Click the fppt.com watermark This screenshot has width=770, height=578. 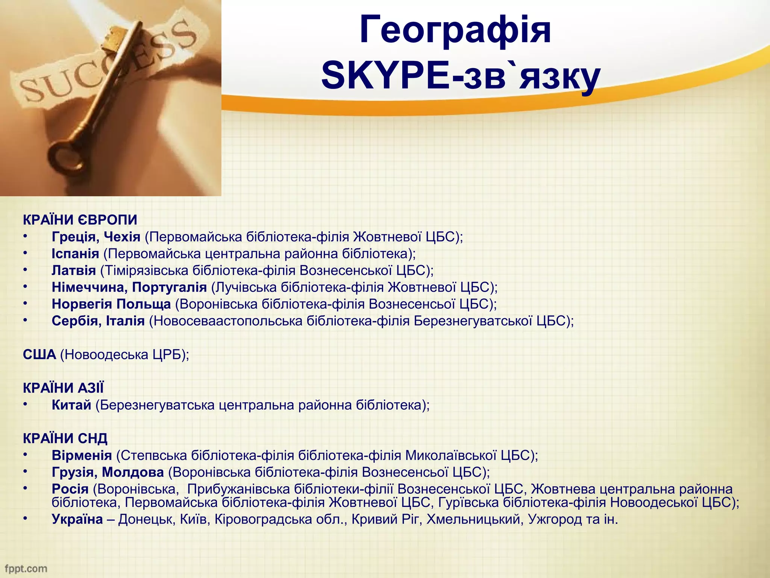(x=26, y=568)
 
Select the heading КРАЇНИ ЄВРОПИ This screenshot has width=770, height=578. (x=80, y=220)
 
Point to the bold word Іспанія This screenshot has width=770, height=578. (x=75, y=254)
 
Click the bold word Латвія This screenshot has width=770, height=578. (x=74, y=271)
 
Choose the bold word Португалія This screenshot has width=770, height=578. (x=170, y=287)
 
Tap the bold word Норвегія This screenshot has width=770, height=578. (x=82, y=304)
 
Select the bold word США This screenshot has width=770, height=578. (x=39, y=354)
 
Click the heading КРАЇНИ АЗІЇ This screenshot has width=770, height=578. (x=63, y=388)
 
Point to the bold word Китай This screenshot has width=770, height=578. (x=71, y=405)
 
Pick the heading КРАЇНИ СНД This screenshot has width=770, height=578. (x=65, y=438)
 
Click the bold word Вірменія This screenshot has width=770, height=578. (x=82, y=455)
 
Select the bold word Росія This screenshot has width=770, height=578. (x=70, y=489)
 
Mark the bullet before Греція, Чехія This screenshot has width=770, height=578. (x=25, y=236)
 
